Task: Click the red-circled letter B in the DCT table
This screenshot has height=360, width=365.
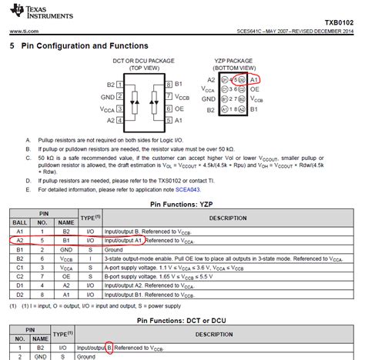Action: [x=110, y=348]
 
